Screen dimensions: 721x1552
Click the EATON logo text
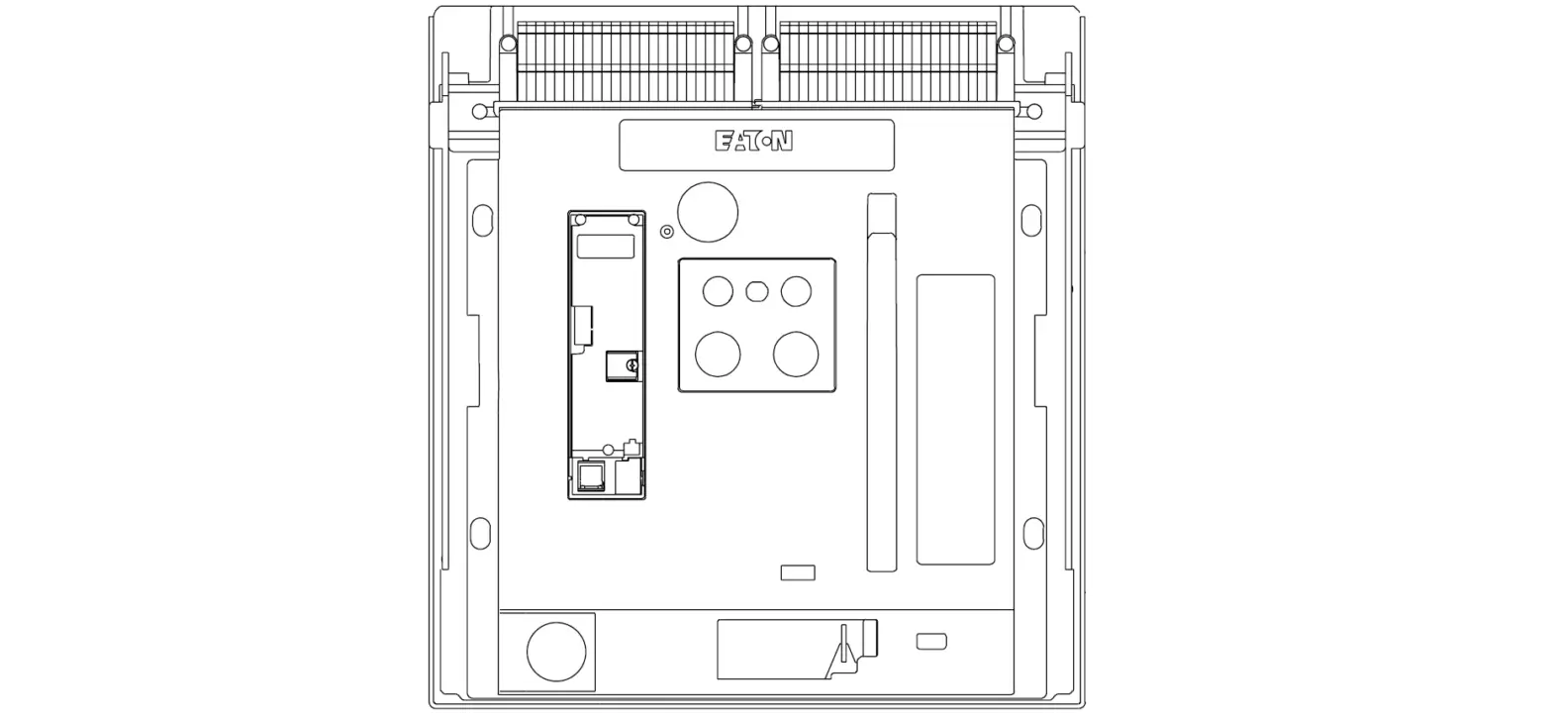coord(753,142)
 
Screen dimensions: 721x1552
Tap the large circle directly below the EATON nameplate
coord(708,212)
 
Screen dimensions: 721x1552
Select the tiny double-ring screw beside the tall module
coord(667,232)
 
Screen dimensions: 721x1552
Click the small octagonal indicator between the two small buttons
coord(757,291)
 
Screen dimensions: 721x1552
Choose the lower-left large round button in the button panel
coord(718,354)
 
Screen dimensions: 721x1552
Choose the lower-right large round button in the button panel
coord(796,354)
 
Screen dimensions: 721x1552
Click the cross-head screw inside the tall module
coord(631,366)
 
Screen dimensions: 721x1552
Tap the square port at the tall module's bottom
coord(591,476)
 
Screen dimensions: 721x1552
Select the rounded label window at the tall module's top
coord(606,247)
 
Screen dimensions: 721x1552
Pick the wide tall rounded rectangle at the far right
coord(955,419)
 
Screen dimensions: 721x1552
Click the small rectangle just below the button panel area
coord(798,572)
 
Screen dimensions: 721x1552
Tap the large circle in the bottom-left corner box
coord(556,652)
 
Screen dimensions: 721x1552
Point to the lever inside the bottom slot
coord(844,649)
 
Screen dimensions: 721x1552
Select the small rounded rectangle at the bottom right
coord(931,642)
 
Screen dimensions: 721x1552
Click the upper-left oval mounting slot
coord(482,220)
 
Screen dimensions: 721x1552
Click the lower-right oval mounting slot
coord(1033,533)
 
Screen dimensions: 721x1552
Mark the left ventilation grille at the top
coord(626,61)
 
